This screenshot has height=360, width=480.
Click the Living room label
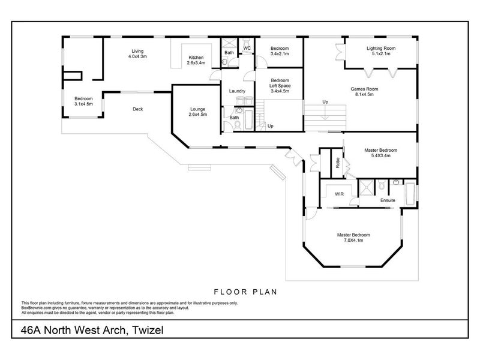click(137, 53)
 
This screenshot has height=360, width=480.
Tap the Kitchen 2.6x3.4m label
click(196, 59)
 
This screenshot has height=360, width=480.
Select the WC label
click(247, 48)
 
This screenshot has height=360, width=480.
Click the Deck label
click(137, 109)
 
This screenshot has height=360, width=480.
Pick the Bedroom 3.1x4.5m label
click(83, 101)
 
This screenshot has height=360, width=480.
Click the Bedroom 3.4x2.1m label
click(280, 51)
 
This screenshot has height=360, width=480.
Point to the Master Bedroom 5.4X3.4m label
click(380, 152)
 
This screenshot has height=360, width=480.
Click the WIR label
click(331, 194)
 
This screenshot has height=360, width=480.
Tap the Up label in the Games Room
click(325, 101)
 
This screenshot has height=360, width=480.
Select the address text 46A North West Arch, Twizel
click(92, 331)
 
